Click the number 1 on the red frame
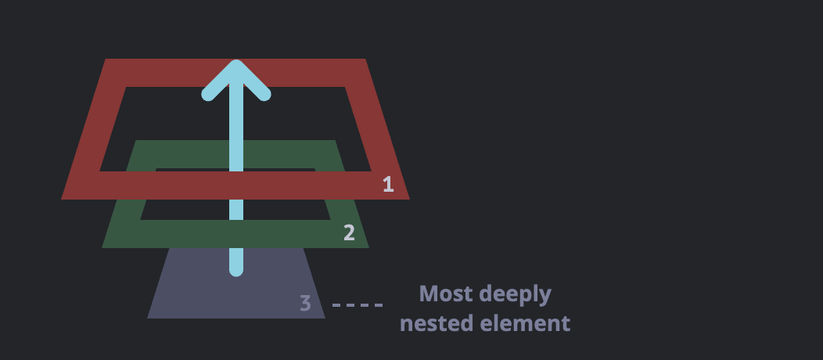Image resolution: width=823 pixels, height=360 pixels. (388, 185)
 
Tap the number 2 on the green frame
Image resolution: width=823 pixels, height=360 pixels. (349, 232)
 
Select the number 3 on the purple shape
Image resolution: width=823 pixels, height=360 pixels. (305, 304)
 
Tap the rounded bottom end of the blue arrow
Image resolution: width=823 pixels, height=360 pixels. (236, 270)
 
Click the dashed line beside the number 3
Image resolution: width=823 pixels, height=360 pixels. (358, 304)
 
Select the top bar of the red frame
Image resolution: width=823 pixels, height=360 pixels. (313, 73)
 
